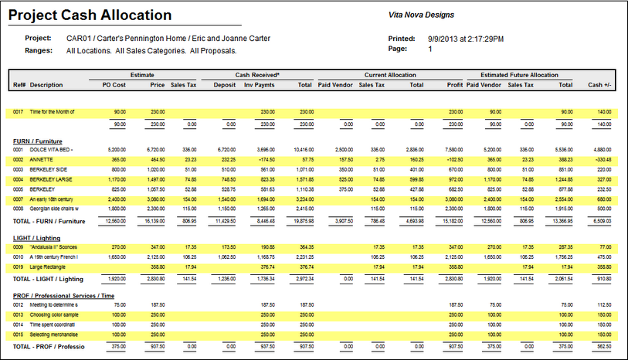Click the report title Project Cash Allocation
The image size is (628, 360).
90,15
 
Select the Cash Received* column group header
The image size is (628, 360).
257,75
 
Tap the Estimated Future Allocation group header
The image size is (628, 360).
514,75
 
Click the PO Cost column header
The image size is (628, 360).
114,84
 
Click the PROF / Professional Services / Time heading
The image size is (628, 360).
63,296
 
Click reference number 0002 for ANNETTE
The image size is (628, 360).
19,158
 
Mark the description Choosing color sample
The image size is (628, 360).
56,315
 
